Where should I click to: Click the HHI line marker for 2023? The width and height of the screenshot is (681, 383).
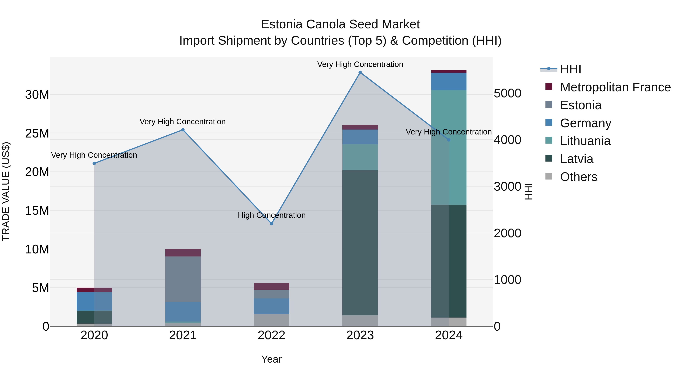tap(360, 72)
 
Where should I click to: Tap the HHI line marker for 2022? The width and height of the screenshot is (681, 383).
tap(271, 224)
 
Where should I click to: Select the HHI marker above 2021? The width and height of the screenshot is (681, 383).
tap(183, 130)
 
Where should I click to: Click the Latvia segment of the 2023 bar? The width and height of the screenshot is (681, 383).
tap(360, 243)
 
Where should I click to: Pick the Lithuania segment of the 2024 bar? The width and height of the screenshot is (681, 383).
tap(449, 148)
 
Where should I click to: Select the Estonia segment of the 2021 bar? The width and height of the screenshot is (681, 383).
tap(183, 279)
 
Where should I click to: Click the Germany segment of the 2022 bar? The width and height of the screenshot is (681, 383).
tap(271, 306)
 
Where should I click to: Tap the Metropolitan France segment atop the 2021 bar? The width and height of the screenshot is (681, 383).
tap(183, 253)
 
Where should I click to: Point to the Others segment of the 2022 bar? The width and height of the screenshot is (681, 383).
tap(271, 320)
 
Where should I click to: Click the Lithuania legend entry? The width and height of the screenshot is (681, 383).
tap(585, 141)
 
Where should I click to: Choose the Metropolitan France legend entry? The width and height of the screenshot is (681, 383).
tap(615, 87)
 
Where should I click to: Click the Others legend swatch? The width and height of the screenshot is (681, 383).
tap(549, 176)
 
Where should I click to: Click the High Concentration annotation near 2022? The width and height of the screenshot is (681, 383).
tap(271, 215)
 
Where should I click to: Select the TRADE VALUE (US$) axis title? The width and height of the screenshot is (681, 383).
tap(6, 191)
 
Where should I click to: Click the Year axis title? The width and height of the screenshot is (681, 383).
tap(271, 359)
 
